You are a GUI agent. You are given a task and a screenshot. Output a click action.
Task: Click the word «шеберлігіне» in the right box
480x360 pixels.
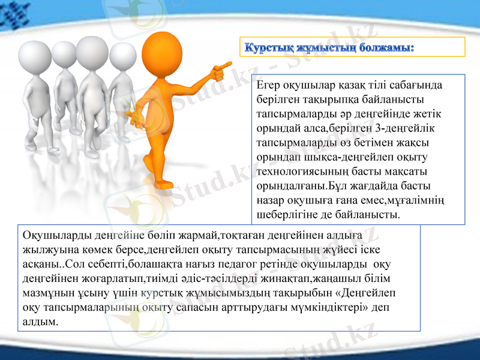283,214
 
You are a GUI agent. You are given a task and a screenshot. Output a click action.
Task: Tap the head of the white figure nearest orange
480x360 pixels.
122,56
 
